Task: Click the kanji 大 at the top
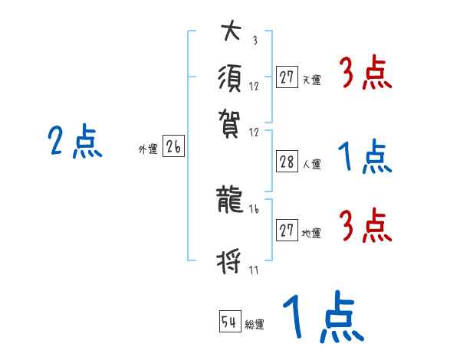(x=231, y=33)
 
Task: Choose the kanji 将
(x=231, y=263)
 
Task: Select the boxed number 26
(x=173, y=148)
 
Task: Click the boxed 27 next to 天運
(x=287, y=77)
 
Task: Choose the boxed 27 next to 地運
(x=287, y=231)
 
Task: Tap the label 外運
(x=148, y=150)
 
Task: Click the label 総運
(x=255, y=325)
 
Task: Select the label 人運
(x=311, y=163)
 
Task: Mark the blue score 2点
(x=75, y=142)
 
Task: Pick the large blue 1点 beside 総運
(x=322, y=318)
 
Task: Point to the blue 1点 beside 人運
(x=365, y=158)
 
